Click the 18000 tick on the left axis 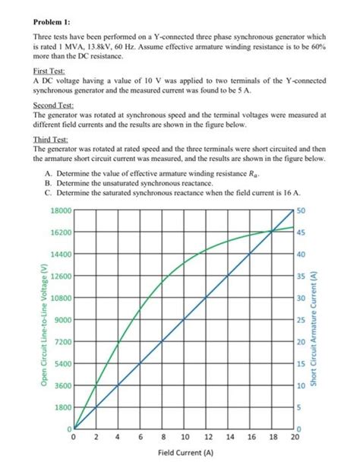click(60, 209)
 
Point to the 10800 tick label click(60, 297)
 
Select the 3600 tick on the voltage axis click(62, 385)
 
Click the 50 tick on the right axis click(301, 210)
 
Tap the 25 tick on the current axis click(301, 319)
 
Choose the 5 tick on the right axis click(298, 407)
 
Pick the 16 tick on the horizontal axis click(251, 438)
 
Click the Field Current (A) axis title click(185, 452)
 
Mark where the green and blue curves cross click(273, 232)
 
